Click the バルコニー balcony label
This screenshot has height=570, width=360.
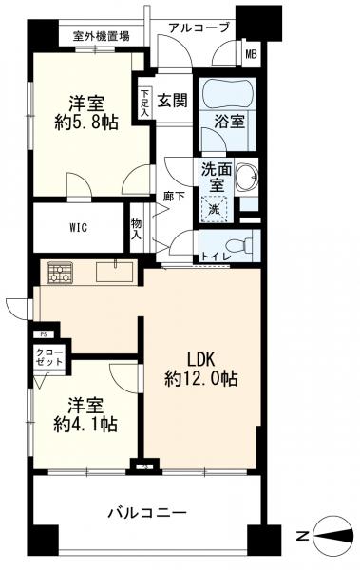(148, 513)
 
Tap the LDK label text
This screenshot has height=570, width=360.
(201, 359)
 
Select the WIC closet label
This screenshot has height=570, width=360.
(79, 228)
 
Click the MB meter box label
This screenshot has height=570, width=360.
(251, 55)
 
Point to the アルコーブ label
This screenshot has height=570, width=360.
(199, 28)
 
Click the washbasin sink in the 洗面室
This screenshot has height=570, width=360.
(246, 178)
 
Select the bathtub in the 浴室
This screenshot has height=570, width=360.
(227, 93)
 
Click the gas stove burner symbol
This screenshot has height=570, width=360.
(59, 273)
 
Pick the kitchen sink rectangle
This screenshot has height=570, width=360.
(114, 272)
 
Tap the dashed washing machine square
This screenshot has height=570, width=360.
(215, 209)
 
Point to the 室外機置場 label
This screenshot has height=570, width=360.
(101, 36)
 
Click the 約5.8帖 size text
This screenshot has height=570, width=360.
(86, 123)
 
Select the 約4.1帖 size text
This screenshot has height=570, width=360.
(85, 424)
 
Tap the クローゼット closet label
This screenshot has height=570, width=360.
(49, 357)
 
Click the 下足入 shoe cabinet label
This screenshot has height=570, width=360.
(144, 103)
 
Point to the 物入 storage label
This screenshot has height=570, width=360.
(137, 229)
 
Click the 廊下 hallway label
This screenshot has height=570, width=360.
(174, 197)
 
